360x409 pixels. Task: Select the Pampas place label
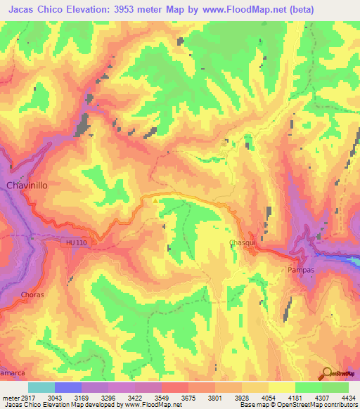click(301, 269)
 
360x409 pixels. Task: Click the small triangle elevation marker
click(155, 200)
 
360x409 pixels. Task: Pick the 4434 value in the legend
click(347, 397)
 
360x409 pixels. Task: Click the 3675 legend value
click(188, 397)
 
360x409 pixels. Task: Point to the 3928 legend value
click(241, 397)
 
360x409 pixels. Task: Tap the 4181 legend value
click(295, 397)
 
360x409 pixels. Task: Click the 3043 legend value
click(54, 397)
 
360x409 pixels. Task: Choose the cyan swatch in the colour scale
click(41, 387)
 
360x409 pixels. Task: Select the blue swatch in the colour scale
click(67, 387)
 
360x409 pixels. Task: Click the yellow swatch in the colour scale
click(281, 387)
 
